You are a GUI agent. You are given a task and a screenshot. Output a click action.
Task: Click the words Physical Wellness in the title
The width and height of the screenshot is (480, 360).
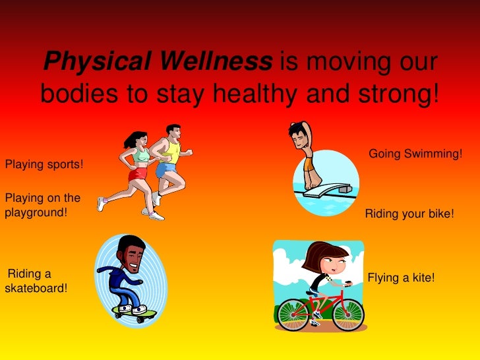(158, 63)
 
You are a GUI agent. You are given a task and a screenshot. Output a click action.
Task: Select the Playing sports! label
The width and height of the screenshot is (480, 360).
(44, 164)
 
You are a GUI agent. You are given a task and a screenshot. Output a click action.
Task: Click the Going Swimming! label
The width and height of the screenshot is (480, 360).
(415, 154)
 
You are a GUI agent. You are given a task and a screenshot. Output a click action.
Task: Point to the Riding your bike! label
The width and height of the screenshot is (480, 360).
(409, 214)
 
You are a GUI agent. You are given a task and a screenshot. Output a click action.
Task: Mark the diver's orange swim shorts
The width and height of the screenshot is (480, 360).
(309, 163)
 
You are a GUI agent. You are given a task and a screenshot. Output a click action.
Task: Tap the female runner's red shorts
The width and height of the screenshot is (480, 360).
(138, 174)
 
